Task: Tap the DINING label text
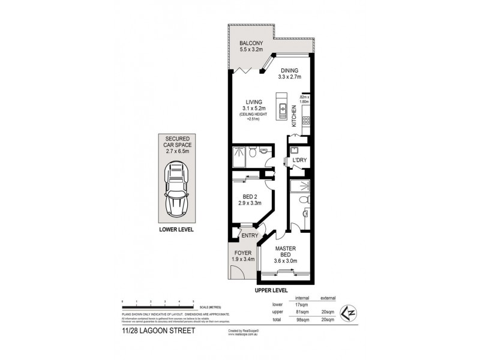click(x=289, y=70)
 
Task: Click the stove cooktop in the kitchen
click(x=306, y=123)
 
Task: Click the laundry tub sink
click(x=294, y=150)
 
